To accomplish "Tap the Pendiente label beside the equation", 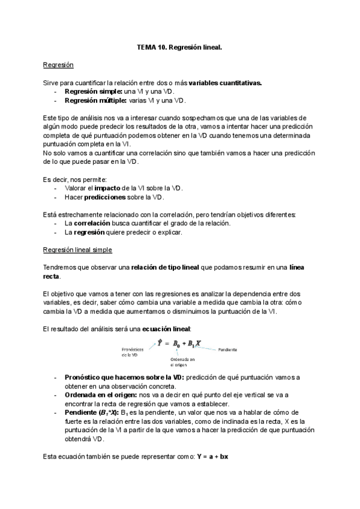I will click(x=227, y=349).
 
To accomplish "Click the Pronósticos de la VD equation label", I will click(x=132, y=352).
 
